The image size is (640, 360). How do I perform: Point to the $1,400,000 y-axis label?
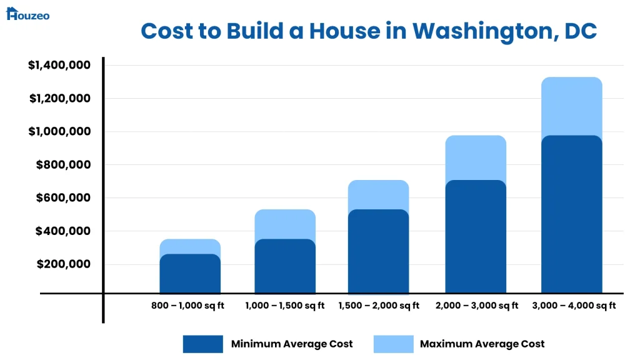[59, 65]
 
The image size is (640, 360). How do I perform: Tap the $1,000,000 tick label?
[59, 131]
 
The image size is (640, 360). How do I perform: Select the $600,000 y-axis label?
[62, 197]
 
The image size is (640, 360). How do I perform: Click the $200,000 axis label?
[62, 264]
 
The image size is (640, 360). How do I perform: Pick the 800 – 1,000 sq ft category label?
[187, 306]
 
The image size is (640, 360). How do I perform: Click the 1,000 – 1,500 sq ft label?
[285, 306]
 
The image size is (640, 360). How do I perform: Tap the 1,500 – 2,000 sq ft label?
[379, 306]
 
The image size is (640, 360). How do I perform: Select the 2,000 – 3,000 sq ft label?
[476, 306]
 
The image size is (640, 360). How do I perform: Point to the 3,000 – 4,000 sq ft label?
[574, 306]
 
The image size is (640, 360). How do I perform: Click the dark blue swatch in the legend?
[202, 344]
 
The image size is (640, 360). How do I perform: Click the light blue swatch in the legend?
[393, 344]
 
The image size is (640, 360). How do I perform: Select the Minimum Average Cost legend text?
[292, 344]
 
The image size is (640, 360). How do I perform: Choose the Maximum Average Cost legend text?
[482, 344]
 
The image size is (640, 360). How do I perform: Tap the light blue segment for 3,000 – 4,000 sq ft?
[571, 106]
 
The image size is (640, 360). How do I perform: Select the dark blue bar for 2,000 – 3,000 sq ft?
[476, 237]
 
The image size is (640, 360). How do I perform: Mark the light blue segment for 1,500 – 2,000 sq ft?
[378, 194]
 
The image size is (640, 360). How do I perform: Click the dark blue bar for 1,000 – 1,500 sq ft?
[285, 266]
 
